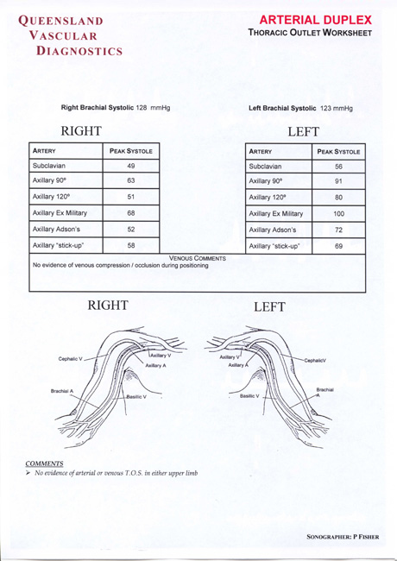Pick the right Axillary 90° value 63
point(130,180)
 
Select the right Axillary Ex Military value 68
point(130,212)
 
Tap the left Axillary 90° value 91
point(338,180)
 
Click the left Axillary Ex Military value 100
point(338,212)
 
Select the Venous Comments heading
point(198,257)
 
